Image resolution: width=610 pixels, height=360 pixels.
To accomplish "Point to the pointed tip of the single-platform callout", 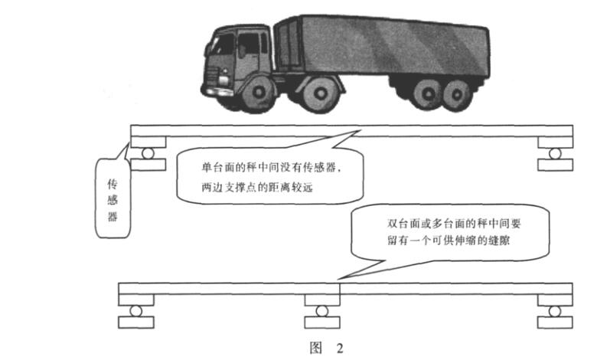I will coord(357,131).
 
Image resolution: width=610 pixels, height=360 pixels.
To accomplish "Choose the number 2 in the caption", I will coord(338,348).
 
